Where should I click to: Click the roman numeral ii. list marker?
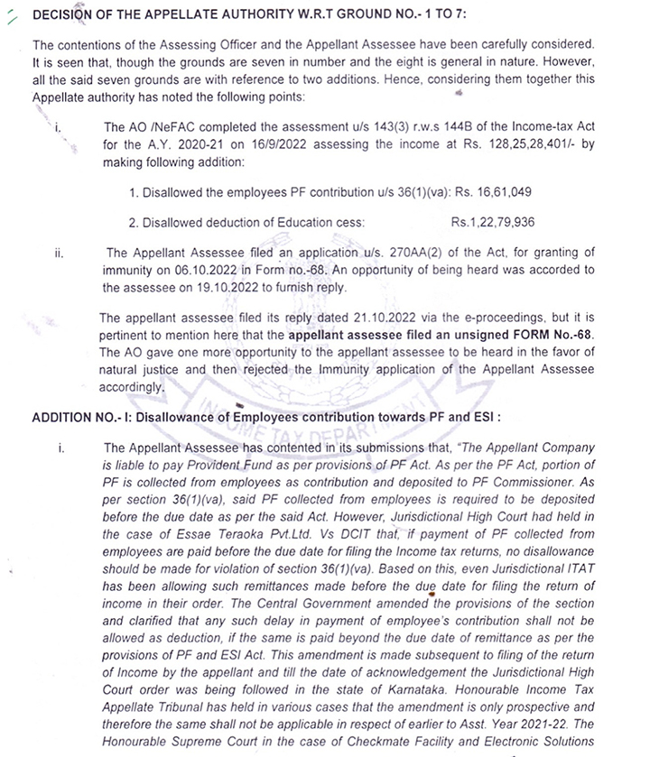(x=59, y=254)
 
